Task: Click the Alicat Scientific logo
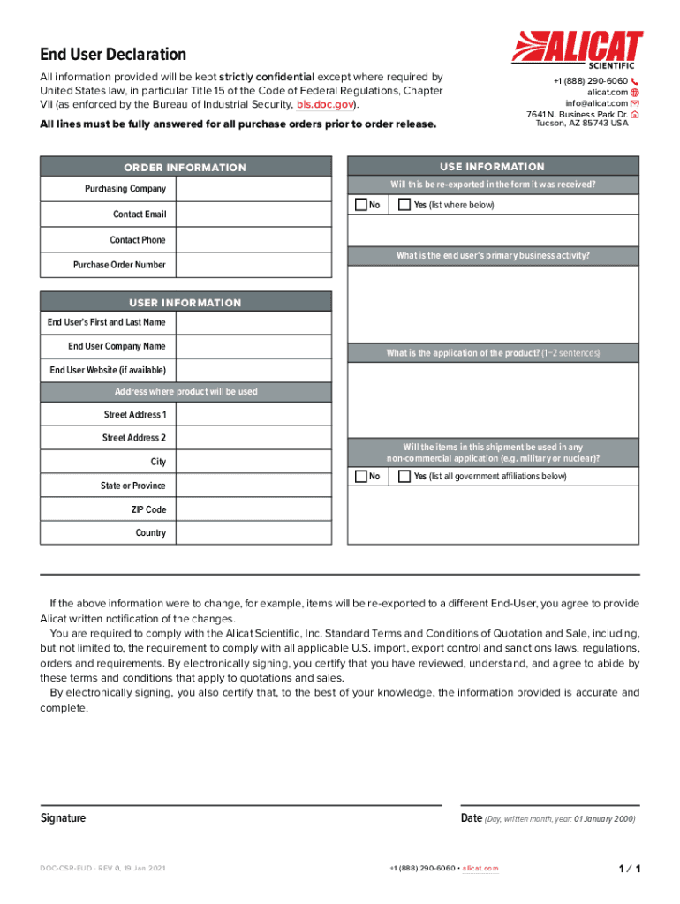tap(578, 48)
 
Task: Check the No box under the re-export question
tap(360, 205)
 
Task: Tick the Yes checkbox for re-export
tap(404, 205)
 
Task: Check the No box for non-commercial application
tap(360, 477)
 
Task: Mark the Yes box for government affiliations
tap(404, 477)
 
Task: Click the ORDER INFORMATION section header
tap(185, 168)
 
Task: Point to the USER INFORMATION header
tap(185, 303)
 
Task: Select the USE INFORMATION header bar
tap(493, 167)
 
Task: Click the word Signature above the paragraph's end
tap(64, 818)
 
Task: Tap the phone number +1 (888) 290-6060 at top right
tap(590, 81)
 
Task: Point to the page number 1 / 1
tap(630, 870)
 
